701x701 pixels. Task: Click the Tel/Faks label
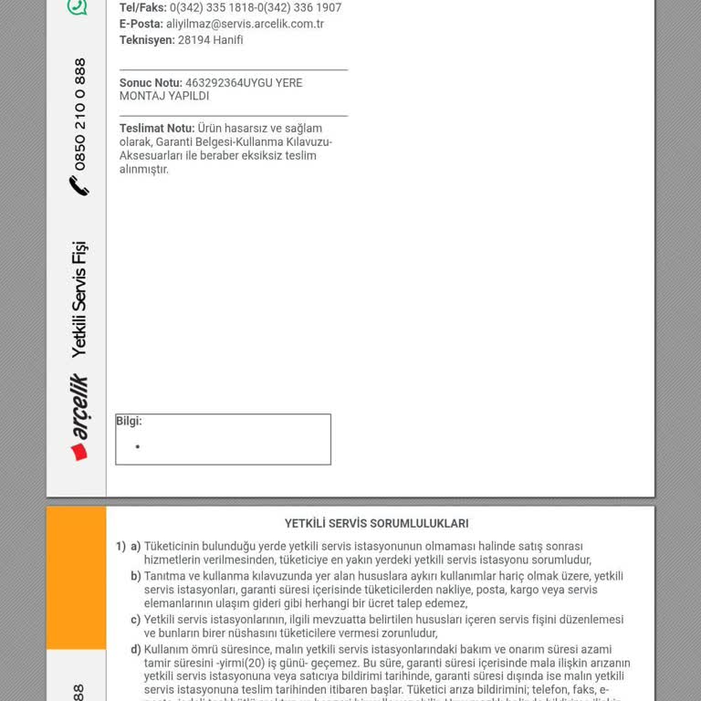click(142, 7)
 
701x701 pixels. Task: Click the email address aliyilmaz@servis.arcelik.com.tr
click(245, 24)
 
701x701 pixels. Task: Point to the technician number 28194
click(193, 40)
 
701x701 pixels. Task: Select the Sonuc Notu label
click(151, 83)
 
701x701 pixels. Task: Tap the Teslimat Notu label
click(156, 129)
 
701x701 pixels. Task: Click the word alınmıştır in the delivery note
click(143, 170)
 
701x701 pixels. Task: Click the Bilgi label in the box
click(129, 422)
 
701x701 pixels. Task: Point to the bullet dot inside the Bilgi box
click(138, 447)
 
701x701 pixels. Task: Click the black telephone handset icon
click(79, 186)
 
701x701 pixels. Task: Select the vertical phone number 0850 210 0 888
click(80, 114)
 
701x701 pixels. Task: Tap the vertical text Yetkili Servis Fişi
click(79, 298)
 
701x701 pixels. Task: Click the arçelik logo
click(79, 417)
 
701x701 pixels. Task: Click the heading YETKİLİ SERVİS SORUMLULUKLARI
click(376, 524)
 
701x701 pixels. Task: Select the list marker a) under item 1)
click(135, 547)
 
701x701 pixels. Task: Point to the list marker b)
click(136, 576)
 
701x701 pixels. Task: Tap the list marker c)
click(136, 620)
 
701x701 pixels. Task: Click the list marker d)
click(136, 649)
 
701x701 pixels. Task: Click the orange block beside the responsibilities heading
click(76, 577)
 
